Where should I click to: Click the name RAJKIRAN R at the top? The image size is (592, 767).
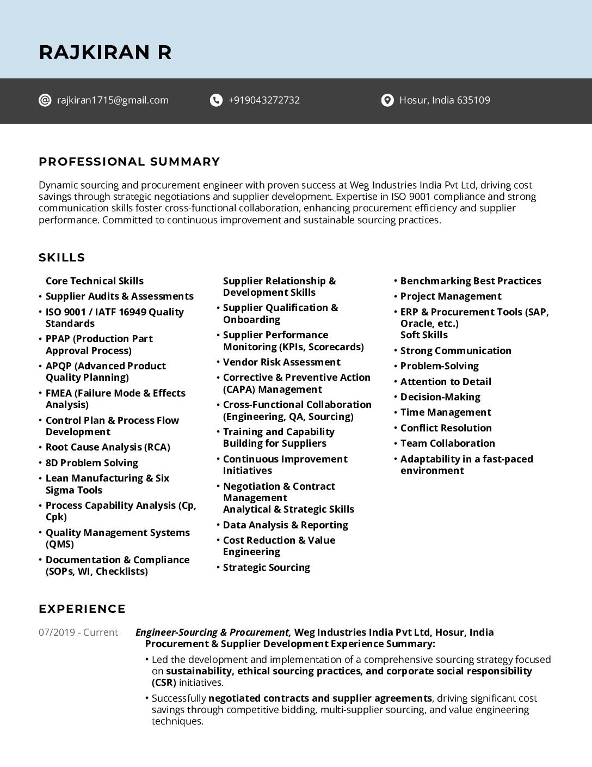[105, 52]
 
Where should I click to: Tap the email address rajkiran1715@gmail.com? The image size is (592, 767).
[113, 100]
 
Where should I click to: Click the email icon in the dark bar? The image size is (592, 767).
[45, 100]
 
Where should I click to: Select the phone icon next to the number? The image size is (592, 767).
[216, 100]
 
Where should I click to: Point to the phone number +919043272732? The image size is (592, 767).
[264, 100]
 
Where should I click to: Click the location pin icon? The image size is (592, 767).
[387, 100]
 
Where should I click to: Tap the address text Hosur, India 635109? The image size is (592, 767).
[445, 100]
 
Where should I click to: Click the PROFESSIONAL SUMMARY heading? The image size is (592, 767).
[129, 162]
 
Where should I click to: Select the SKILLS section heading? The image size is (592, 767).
[62, 258]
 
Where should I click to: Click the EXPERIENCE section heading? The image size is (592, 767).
[82, 609]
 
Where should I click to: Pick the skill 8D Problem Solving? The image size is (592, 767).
[92, 463]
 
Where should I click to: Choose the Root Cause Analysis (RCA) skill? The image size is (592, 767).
[108, 447]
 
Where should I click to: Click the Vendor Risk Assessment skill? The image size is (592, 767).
[281, 362]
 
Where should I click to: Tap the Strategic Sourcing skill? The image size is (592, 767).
[266, 568]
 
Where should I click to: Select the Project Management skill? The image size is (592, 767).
[451, 296]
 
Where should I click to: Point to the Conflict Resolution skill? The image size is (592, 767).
[446, 428]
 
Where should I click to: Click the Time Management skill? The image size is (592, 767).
[445, 412]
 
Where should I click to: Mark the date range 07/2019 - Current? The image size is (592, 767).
[78, 632]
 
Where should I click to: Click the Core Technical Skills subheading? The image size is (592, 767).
[95, 281]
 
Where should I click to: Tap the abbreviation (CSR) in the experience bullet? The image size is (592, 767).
[164, 683]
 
